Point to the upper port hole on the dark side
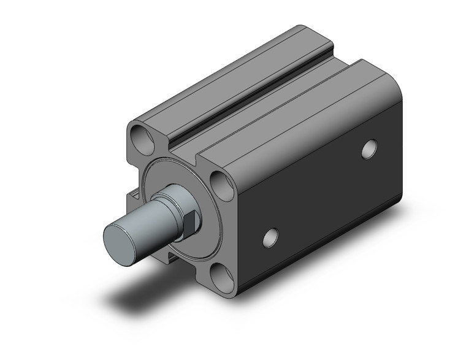tap(369, 149)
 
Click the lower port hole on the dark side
tap(270, 237)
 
